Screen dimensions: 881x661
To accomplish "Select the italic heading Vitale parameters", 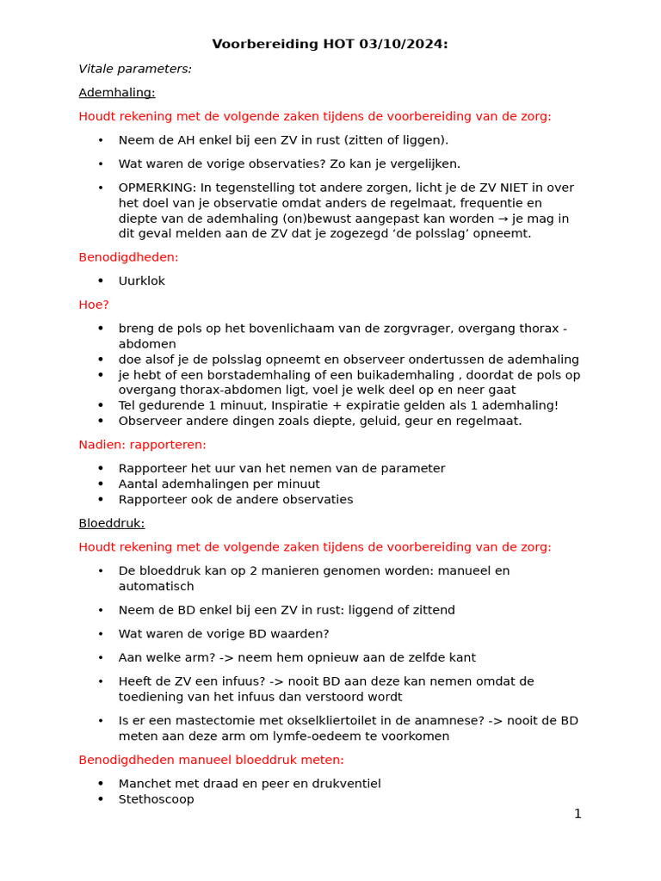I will (135, 69).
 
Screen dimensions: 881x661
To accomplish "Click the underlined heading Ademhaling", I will (117, 93).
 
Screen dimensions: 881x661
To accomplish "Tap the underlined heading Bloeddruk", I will (112, 523).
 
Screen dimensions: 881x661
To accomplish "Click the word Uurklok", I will (142, 281).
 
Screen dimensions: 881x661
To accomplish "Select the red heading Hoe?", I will (94, 305).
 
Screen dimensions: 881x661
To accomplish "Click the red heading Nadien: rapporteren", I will (142, 445).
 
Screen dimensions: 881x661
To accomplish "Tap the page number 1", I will (578, 814).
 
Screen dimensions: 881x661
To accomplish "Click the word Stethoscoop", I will (157, 799).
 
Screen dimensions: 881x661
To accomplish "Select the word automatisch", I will (157, 587).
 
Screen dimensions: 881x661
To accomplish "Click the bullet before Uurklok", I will (101, 280).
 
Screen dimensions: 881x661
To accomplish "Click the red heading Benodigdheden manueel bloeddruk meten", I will (211, 760).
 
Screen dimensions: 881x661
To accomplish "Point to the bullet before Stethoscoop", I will (101, 798).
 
